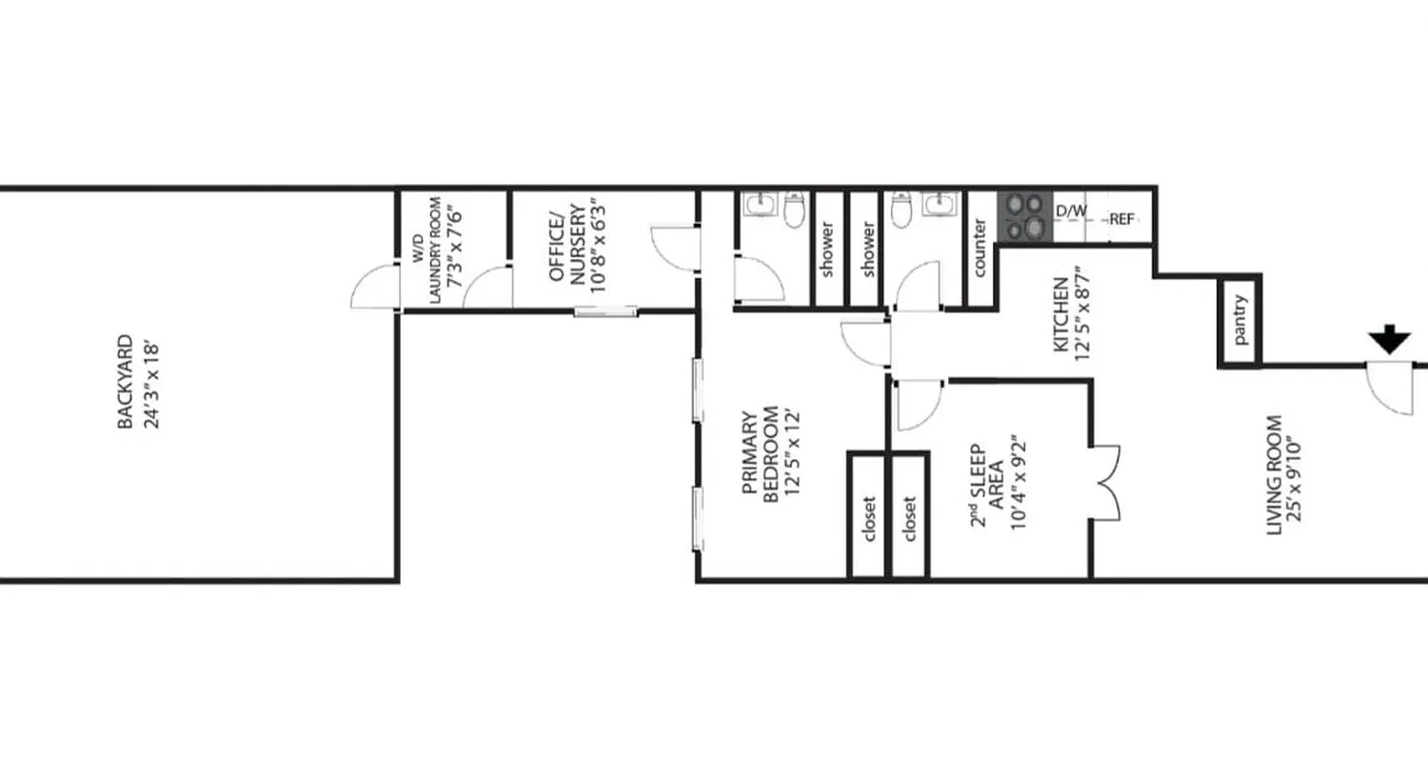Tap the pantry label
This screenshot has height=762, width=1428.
point(1240,321)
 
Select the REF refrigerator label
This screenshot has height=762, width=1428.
point(1122,219)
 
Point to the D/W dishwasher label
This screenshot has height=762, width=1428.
point(1071,211)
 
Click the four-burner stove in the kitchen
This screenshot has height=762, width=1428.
point(1023,217)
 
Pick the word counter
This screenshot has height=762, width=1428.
point(980,249)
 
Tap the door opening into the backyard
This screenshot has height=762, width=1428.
point(374,286)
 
